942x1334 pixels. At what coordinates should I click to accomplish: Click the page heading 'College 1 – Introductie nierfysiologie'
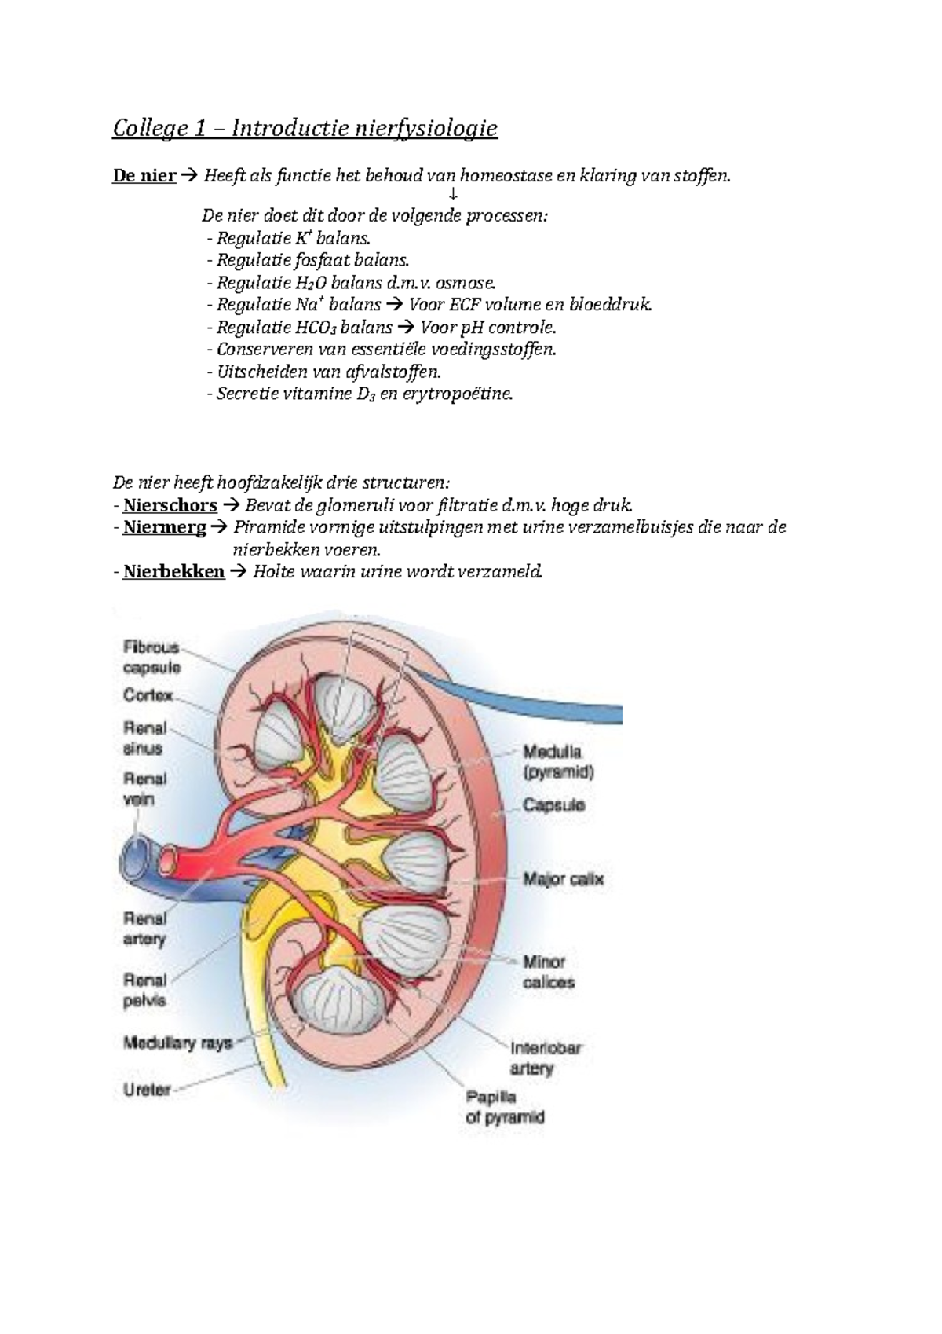(305, 129)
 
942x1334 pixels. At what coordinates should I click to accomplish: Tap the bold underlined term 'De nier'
(144, 176)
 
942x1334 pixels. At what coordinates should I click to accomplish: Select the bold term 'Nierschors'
(170, 506)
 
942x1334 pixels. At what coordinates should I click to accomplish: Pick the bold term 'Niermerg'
(165, 528)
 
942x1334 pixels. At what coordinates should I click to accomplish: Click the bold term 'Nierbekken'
(173, 572)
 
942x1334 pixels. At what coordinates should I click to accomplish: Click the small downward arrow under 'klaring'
(454, 194)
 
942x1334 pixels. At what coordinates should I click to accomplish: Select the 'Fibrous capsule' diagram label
(152, 657)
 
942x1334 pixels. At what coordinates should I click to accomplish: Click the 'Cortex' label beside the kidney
(148, 695)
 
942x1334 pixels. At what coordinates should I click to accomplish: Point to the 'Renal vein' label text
(144, 789)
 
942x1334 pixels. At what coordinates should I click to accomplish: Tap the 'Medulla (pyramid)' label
(558, 762)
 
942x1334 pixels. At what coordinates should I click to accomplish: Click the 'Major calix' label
(563, 879)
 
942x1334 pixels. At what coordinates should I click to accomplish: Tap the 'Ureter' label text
(147, 1090)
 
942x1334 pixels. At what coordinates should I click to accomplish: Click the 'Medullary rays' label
(177, 1043)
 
